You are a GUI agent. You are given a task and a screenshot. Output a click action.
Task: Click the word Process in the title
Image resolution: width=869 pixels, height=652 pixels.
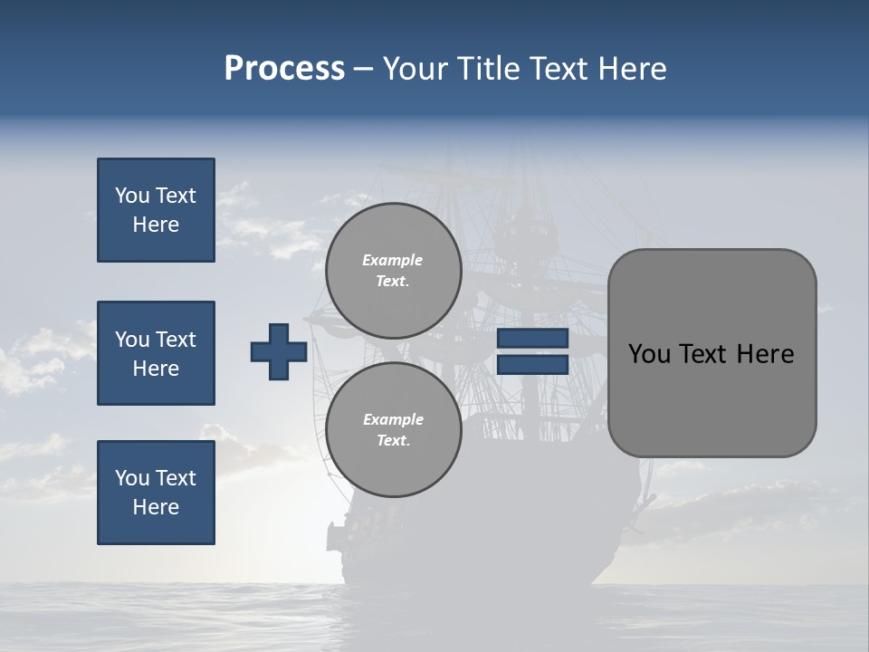284,69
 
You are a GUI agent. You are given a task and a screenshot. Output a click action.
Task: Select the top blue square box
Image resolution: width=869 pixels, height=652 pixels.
156,210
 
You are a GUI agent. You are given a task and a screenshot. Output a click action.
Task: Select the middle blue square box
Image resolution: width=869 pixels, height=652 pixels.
156,353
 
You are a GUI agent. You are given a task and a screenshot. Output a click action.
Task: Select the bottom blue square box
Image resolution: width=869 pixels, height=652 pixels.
156,493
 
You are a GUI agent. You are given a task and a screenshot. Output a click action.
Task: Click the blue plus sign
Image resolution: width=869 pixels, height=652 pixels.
279,351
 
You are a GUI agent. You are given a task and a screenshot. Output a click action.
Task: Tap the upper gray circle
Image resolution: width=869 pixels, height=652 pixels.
393,271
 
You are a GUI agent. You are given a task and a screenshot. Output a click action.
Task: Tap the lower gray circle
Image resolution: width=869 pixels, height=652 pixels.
393,430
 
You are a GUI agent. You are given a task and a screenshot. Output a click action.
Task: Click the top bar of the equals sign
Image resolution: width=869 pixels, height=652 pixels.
532,339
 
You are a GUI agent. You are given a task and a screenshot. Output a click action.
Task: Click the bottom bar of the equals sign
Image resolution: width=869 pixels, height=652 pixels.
532,365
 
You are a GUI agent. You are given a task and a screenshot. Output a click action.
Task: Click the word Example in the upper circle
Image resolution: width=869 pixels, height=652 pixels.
393,260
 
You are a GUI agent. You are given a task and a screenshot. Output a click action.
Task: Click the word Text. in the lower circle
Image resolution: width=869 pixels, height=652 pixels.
393,441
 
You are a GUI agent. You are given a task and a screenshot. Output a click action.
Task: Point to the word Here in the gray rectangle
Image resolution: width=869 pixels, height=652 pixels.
765,354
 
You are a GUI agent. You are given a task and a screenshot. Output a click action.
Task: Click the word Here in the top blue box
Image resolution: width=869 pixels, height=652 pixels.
156,225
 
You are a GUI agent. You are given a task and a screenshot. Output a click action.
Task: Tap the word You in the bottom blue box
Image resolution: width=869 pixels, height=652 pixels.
131,478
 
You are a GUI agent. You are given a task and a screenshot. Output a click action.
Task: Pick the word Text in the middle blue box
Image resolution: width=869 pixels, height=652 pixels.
176,340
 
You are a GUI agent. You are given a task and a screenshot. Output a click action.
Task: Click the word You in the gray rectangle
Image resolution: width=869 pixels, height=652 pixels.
649,354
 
